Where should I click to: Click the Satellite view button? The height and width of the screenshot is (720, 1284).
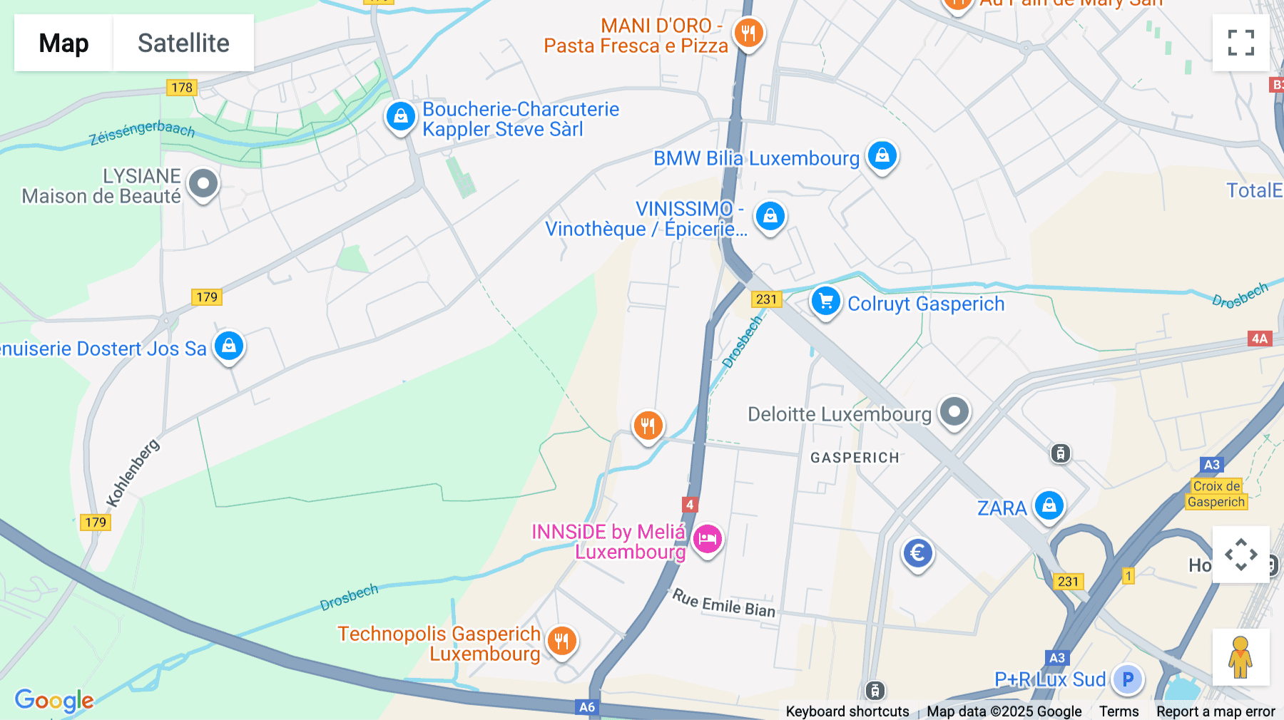183,43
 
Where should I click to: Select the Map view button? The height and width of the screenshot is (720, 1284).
63,43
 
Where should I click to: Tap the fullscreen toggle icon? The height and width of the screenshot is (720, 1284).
1240,43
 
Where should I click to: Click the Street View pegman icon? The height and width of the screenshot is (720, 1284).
1240,657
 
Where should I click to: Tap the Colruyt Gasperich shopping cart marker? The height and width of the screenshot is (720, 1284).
825,302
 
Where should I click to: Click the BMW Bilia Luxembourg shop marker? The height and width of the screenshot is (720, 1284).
882,155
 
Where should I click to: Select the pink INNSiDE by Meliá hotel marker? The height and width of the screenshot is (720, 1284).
708,539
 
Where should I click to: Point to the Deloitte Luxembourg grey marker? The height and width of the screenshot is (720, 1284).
954,411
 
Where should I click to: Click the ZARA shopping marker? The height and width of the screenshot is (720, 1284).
1049,506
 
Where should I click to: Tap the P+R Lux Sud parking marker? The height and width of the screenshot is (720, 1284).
1128,679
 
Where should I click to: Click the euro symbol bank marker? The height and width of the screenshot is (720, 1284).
917,553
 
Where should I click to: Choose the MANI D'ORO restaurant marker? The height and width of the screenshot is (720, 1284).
748,33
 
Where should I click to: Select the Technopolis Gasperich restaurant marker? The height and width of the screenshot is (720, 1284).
562,641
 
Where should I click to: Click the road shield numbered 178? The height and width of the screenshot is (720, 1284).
182,88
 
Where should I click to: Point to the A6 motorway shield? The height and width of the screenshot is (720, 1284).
586,707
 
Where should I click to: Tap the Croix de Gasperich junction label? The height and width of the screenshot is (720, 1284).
1216,494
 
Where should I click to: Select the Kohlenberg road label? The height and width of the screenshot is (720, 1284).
133,473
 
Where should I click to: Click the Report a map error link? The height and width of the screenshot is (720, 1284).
1216,711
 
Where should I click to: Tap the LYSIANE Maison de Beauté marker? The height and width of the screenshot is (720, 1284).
203,184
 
